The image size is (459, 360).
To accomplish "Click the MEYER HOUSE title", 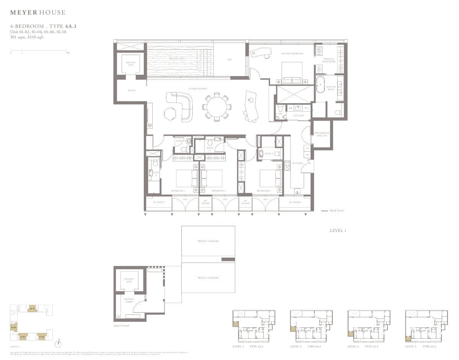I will tap(37, 13).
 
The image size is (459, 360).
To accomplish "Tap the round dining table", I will tap(216, 107).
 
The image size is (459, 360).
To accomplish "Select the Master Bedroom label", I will tap(292, 54).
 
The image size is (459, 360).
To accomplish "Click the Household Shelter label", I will tap(321, 134).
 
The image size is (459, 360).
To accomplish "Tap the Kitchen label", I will tap(298, 163).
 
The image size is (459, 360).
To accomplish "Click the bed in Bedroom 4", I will tap(271, 178).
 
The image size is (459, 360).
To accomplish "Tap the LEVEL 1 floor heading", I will tap(337, 230).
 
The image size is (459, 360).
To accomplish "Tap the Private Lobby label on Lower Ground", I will tap(129, 301).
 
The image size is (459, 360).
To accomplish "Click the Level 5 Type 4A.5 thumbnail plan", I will tap(426, 326).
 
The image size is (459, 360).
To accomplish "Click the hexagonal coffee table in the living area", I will tap(170, 114).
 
